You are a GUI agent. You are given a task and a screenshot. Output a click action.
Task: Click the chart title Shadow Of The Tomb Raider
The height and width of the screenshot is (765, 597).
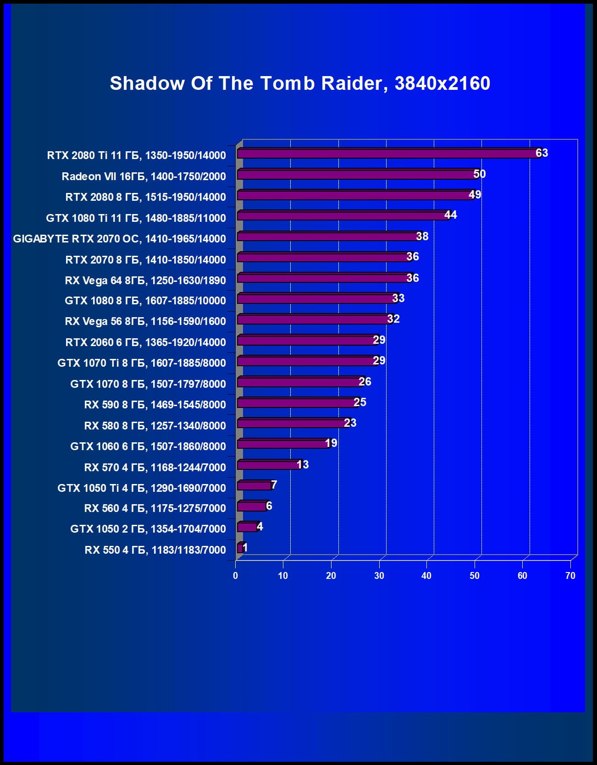pos(300,83)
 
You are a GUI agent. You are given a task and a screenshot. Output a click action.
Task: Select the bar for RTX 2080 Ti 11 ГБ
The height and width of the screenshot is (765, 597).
pos(387,154)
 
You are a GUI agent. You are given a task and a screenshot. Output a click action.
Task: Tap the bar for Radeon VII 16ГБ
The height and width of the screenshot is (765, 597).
pos(356,174)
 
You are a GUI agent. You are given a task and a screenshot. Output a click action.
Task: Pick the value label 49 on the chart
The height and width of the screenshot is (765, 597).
pos(475,195)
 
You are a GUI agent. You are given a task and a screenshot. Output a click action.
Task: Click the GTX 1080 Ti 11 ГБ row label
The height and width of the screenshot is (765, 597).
pos(136,218)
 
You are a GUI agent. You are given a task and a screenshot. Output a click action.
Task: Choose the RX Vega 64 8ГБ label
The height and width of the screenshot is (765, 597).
pos(145,280)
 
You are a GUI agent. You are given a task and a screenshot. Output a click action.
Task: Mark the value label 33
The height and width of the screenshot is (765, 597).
pos(398,298)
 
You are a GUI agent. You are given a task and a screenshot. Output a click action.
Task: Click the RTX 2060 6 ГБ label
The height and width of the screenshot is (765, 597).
pos(145,342)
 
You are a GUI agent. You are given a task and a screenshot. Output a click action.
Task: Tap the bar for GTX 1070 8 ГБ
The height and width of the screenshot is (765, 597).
pos(300,382)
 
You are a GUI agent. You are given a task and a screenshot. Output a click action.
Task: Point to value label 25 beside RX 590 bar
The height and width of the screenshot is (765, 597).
pos(359,402)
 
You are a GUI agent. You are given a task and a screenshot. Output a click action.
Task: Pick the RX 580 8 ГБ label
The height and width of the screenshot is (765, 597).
pos(155,425)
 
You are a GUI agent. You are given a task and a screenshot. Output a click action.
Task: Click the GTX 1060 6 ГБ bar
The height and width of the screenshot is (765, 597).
pos(283,444)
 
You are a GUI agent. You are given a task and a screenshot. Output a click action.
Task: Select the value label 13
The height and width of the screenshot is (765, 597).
pos(302,465)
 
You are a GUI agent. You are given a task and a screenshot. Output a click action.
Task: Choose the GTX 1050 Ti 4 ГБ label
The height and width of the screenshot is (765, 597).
pos(141,488)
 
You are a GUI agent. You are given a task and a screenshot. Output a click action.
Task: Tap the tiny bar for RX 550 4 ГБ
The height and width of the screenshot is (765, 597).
pos(240,548)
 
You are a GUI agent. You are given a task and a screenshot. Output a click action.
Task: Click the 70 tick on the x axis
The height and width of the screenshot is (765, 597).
pos(570,576)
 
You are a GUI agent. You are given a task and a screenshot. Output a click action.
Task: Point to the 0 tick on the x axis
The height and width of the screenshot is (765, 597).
pos(236,576)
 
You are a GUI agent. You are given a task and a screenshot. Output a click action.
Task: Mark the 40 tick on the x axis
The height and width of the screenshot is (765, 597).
pos(426,576)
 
